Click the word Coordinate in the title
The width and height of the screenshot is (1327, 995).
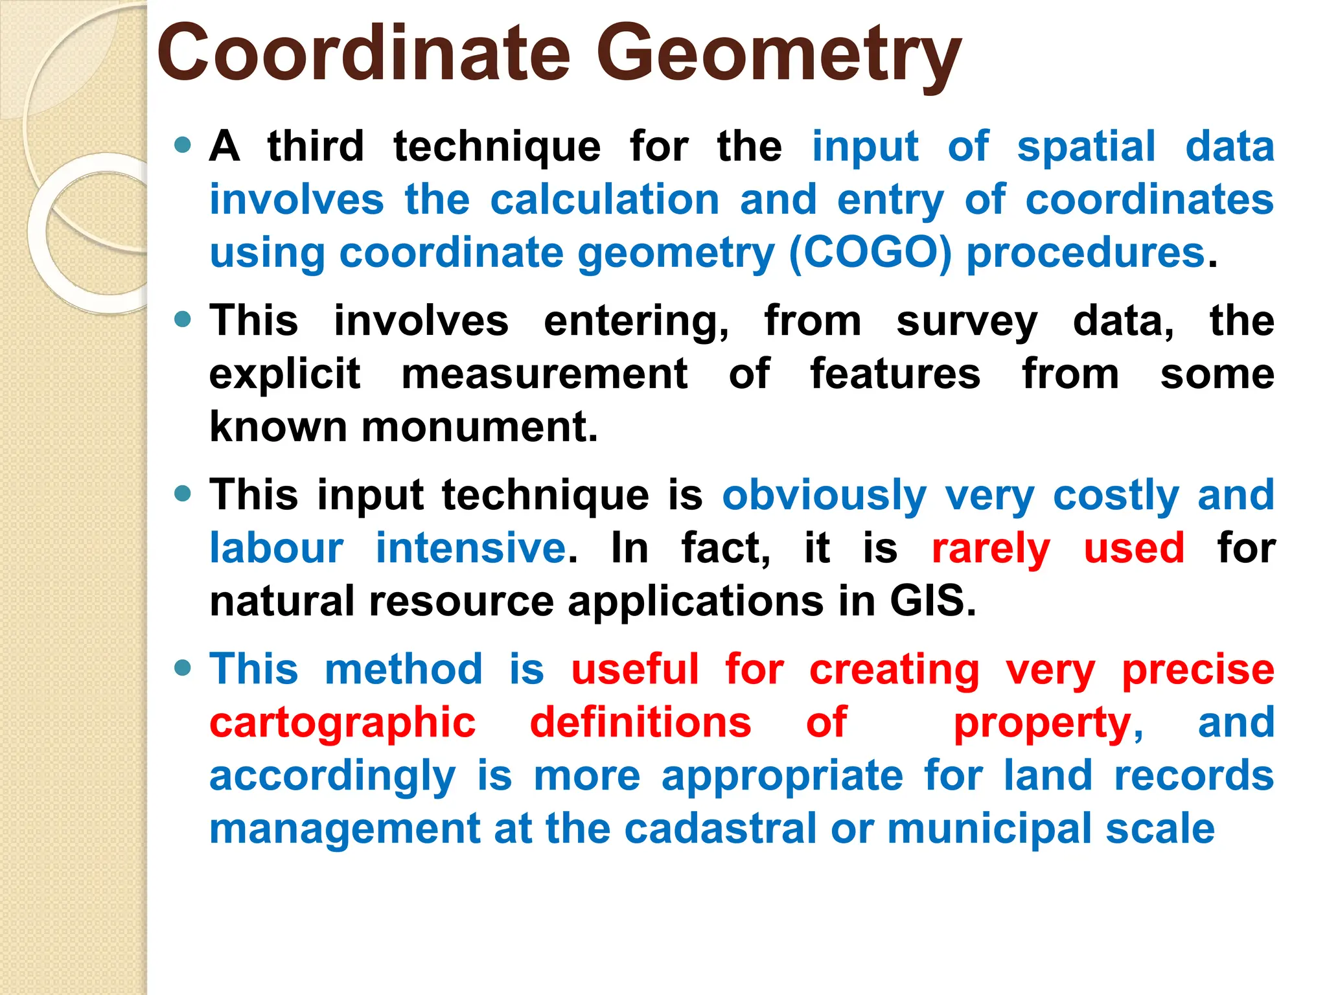(x=363, y=55)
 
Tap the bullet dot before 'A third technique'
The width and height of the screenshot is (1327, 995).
(x=183, y=144)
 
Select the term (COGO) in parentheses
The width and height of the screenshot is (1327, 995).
(x=870, y=253)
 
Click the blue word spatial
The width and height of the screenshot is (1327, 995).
(x=1086, y=146)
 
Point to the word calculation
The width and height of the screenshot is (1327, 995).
(x=604, y=200)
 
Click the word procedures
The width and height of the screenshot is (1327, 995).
(x=1085, y=253)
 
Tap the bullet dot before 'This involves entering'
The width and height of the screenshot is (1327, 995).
(x=183, y=319)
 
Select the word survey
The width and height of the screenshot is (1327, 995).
(x=967, y=322)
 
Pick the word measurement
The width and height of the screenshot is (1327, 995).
(x=544, y=374)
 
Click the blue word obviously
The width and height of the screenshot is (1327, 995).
(x=824, y=496)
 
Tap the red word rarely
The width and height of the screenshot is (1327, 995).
(x=990, y=549)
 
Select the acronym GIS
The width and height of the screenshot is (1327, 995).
(x=931, y=601)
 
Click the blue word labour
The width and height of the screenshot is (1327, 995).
(x=276, y=549)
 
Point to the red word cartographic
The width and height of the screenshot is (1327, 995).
(x=343, y=724)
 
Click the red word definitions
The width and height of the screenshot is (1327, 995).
(x=640, y=722)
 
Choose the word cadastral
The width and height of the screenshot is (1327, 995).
(x=720, y=829)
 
